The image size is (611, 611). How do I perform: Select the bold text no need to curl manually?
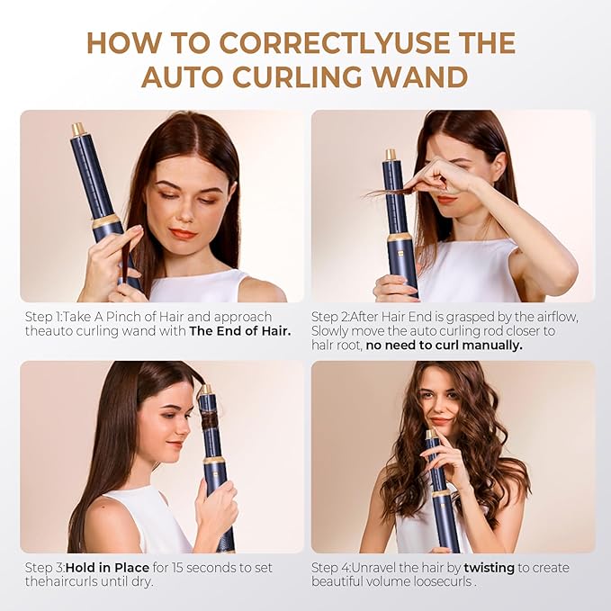tap(444, 345)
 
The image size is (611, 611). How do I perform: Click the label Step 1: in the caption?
tap(41, 316)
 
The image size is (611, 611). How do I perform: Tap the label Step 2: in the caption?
tap(333, 316)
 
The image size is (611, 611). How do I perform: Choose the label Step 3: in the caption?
tap(41, 567)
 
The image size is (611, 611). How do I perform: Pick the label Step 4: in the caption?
tap(333, 567)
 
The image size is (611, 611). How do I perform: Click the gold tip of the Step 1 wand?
tap(78, 130)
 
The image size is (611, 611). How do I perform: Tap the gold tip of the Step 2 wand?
tap(391, 154)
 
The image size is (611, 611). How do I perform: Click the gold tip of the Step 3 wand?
tap(205, 390)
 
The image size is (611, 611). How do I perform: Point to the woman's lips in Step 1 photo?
tap(183, 234)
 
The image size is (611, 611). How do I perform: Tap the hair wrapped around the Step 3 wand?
tap(208, 421)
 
